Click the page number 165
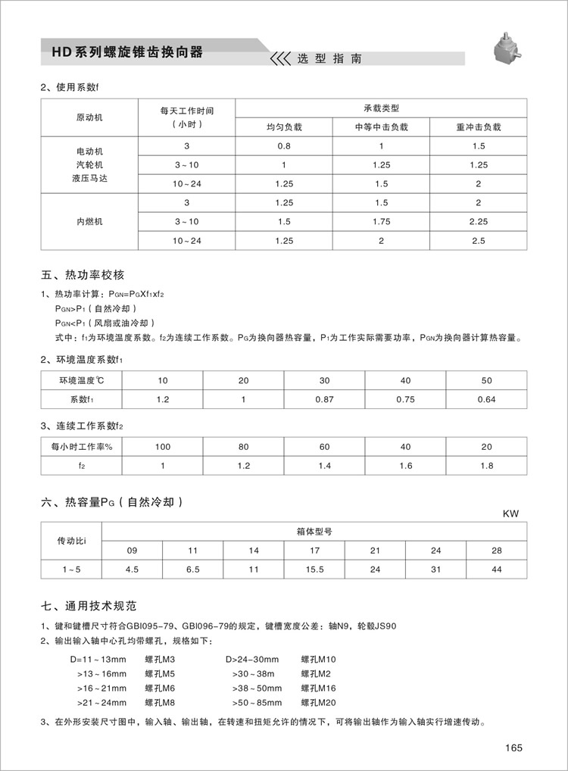513,749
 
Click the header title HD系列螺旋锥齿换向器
127,52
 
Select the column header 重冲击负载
479,127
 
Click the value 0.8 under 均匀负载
284,145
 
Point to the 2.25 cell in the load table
479,221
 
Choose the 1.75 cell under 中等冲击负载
381,221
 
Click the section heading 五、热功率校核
83,274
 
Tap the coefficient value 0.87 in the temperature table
324,399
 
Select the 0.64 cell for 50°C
486,399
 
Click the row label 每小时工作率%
82,447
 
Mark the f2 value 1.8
486,466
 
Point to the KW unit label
511,513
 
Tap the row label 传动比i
73,541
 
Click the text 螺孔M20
318,702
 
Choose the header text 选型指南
329,58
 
